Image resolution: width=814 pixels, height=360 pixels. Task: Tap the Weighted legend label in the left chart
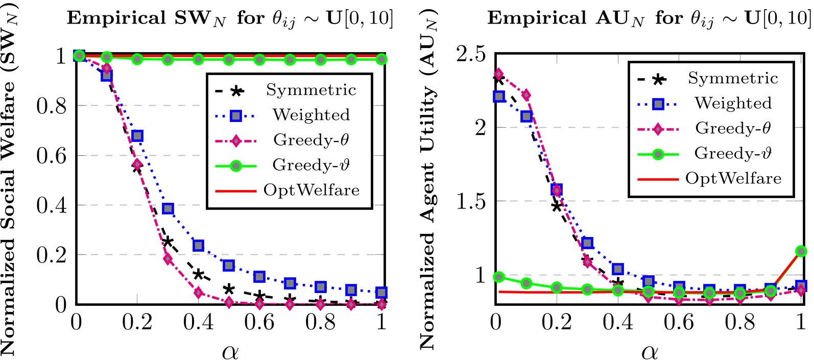pos(311,115)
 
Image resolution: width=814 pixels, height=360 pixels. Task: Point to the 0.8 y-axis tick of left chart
pos(52,106)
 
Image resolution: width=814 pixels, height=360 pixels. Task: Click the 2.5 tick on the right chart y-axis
pos(471,54)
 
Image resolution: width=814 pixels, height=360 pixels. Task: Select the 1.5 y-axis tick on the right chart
pos(471,201)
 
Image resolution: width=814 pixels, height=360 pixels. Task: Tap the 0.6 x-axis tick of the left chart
pos(259,323)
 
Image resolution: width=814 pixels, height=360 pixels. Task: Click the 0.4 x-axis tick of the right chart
pos(617,323)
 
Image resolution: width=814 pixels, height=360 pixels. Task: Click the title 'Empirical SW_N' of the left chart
pos(230,18)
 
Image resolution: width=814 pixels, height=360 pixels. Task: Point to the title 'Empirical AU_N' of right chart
pos(649,18)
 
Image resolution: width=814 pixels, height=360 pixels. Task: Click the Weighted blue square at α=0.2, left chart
pos(137,136)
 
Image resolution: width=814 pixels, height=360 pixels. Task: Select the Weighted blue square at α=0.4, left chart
pos(198,246)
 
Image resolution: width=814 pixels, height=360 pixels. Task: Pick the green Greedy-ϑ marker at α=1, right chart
pos(801,251)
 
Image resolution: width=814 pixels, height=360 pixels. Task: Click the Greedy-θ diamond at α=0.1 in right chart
pos(526,95)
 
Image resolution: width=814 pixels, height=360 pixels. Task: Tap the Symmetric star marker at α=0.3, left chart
pos(167,242)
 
